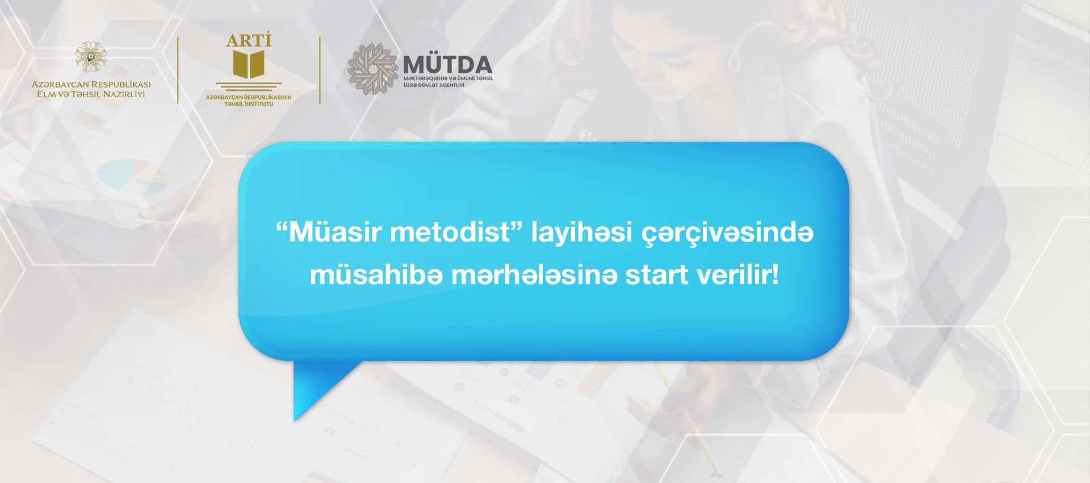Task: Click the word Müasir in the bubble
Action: tap(335, 232)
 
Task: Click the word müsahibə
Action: tap(376, 275)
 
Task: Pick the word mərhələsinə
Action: tap(534, 275)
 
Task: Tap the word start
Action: tap(656, 276)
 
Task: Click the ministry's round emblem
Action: tap(91, 57)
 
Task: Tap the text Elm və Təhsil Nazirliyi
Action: tap(91, 94)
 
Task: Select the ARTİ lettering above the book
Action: tap(249, 40)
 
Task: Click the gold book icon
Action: tap(249, 64)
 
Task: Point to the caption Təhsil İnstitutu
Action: tap(249, 104)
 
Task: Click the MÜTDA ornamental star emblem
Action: tap(373, 69)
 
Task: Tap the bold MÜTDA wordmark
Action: tap(447, 63)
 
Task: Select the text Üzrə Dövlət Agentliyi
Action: tap(434, 85)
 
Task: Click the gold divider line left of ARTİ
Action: tap(178, 70)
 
